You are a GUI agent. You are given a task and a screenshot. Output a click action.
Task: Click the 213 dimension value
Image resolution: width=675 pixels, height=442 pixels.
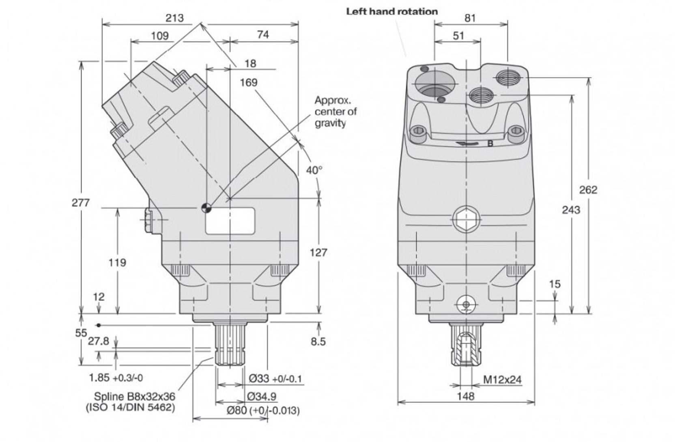click(x=174, y=18)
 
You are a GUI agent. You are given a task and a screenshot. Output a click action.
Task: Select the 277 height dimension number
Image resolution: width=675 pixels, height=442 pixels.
click(x=80, y=202)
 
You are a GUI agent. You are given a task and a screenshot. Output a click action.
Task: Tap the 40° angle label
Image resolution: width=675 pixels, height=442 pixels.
click(x=314, y=170)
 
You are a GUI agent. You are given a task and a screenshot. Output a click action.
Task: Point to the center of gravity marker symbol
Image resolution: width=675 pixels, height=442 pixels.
click(x=206, y=208)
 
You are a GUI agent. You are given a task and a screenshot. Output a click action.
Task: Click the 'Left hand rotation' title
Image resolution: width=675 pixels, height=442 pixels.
click(x=392, y=11)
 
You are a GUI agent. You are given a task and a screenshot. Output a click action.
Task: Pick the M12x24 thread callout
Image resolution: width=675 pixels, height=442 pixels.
click(x=502, y=380)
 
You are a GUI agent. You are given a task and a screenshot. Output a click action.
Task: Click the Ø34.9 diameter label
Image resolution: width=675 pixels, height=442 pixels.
click(x=262, y=396)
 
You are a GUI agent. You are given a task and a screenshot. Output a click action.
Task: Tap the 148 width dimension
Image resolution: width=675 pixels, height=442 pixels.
click(x=465, y=396)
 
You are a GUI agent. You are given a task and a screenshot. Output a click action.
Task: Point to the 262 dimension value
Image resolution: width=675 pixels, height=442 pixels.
click(x=588, y=190)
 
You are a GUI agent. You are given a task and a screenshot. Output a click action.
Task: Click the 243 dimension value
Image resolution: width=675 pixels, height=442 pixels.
click(x=571, y=210)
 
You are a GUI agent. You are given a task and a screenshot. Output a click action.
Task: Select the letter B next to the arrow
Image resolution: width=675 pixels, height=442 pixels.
click(x=490, y=144)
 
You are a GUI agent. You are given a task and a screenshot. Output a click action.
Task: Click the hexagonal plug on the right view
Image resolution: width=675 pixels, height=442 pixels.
click(x=466, y=219)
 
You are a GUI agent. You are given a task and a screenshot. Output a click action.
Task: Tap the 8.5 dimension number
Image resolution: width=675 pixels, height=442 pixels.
click(x=318, y=341)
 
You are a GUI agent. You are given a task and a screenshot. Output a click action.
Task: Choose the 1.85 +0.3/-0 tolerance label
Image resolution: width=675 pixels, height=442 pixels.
click(x=116, y=378)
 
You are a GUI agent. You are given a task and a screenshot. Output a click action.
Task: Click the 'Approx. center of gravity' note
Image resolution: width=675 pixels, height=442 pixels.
click(x=335, y=112)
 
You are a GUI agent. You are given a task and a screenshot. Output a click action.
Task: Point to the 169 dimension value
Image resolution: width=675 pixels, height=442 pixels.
click(x=248, y=83)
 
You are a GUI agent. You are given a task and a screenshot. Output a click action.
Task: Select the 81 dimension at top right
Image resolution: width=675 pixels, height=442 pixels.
click(x=470, y=18)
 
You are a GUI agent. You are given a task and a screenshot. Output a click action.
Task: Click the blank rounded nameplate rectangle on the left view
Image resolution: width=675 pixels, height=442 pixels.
click(x=230, y=221)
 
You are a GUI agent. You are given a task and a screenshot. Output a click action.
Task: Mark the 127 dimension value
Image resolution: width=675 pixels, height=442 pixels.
click(x=318, y=253)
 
